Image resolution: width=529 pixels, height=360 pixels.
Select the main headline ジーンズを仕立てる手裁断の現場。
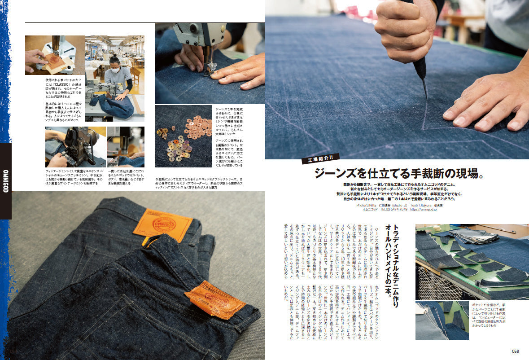click(x=397, y=173)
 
